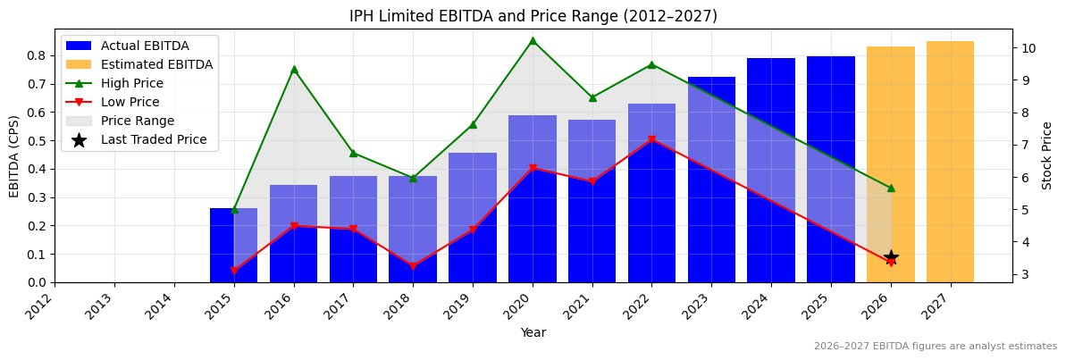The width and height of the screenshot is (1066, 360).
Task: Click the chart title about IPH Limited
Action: pyautogui.click(x=533, y=16)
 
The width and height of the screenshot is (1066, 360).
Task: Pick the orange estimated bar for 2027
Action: pyautogui.click(x=950, y=161)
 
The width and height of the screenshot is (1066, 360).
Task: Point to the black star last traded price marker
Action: pyautogui.click(x=891, y=258)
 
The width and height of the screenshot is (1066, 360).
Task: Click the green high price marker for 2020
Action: pyautogui.click(x=533, y=40)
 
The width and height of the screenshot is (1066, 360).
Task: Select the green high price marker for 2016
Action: pyautogui.click(x=294, y=69)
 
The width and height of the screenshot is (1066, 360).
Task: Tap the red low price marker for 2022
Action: pyautogui.click(x=651, y=140)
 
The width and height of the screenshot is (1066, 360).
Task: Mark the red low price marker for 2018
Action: pyautogui.click(x=413, y=266)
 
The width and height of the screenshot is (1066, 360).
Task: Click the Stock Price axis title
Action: pyautogui.click(x=1047, y=155)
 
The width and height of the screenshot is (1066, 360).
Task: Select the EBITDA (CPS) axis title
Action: pyautogui.click(x=14, y=155)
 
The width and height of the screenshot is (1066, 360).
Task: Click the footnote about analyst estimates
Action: pyautogui.click(x=935, y=347)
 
